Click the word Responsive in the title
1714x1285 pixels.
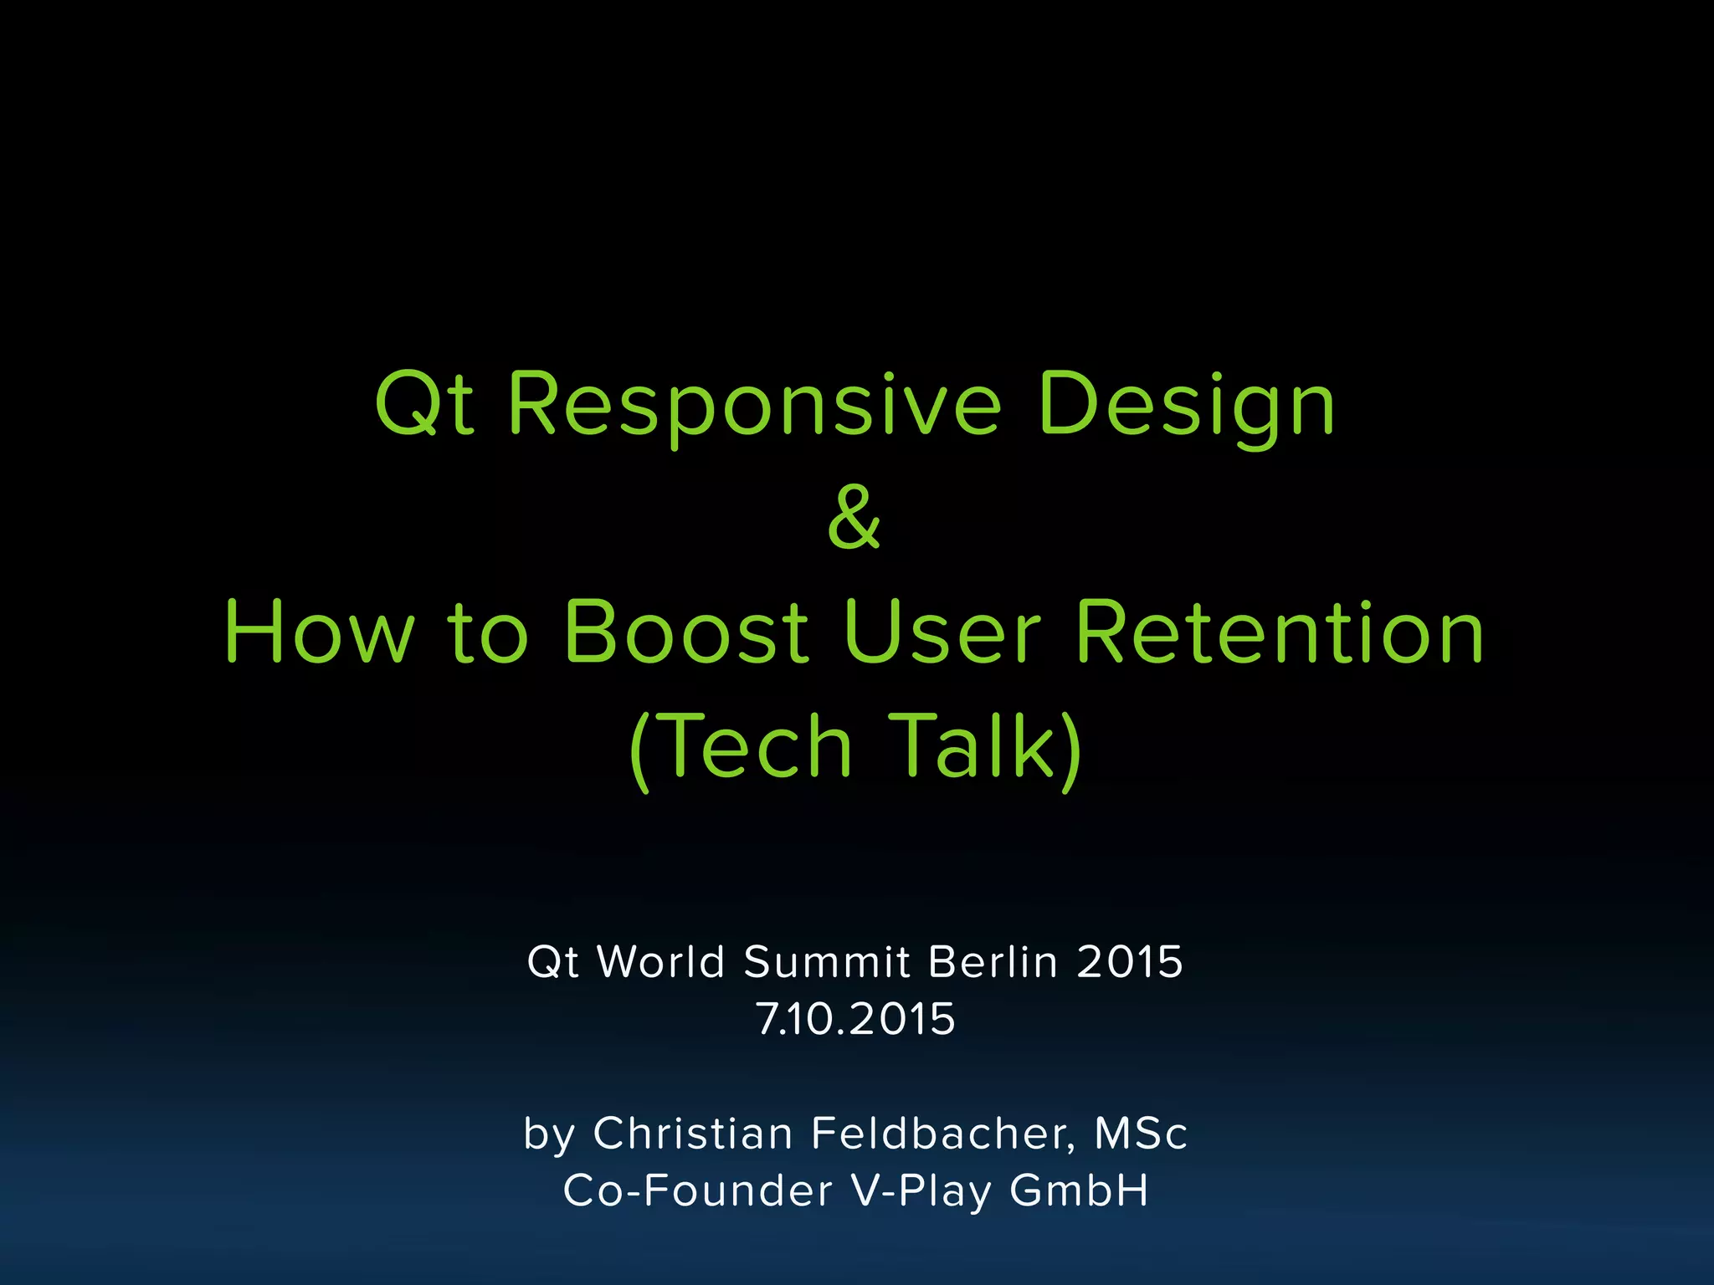point(754,405)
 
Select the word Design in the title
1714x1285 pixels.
point(1186,405)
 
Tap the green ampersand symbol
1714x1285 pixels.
point(854,519)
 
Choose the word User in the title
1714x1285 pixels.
point(942,632)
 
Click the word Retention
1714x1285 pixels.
point(1280,632)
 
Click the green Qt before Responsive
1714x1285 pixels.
point(425,405)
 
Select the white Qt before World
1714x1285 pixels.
point(552,962)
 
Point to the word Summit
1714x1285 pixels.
point(827,962)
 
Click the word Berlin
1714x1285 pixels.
point(993,962)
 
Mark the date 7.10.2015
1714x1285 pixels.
point(855,1019)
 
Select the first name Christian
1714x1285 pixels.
point(693,1134)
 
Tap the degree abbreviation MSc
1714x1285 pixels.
point(1141,1134)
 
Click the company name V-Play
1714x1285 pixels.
point(921,1190)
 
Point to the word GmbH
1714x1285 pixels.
point(1079,1190)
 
